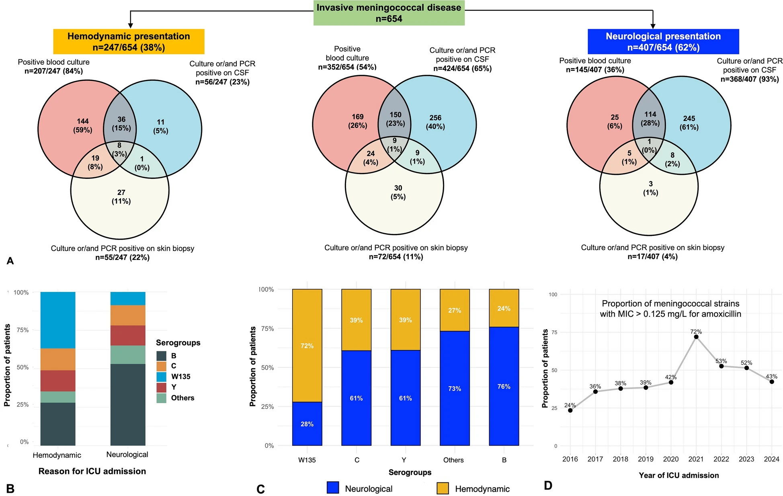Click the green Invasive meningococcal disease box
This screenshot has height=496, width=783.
click(389, 13)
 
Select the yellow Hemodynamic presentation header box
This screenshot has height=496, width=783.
click(129, 41)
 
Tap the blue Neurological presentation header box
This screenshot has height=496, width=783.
click(663, 41)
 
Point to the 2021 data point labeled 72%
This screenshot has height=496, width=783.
click(696, 337)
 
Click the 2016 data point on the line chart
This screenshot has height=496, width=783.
click(570, 410)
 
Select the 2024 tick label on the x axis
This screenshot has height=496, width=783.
click(771, 459)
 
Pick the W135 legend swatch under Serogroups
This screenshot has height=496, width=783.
click(161, 377)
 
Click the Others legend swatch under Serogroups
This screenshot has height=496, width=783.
click(161, 398)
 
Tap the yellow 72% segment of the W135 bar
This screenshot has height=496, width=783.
click(307, 346)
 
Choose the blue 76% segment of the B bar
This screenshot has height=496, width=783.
click(504, 386)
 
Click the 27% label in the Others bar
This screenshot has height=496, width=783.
click(455, 310)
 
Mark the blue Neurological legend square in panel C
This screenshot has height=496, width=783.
click(333, 488)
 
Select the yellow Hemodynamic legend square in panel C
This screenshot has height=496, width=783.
click(443, 488)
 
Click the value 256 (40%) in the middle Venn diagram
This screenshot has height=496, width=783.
click(435, 122)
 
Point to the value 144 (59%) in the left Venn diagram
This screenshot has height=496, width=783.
click(82, 125)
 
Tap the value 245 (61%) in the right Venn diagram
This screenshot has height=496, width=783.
click(689, 123)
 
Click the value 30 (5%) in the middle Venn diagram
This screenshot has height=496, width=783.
click(398, 192)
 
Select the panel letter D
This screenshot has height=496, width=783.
click(548, 486)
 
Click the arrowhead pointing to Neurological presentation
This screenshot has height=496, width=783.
click(653, 25)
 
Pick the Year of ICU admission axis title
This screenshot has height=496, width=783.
click(678, 475)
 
